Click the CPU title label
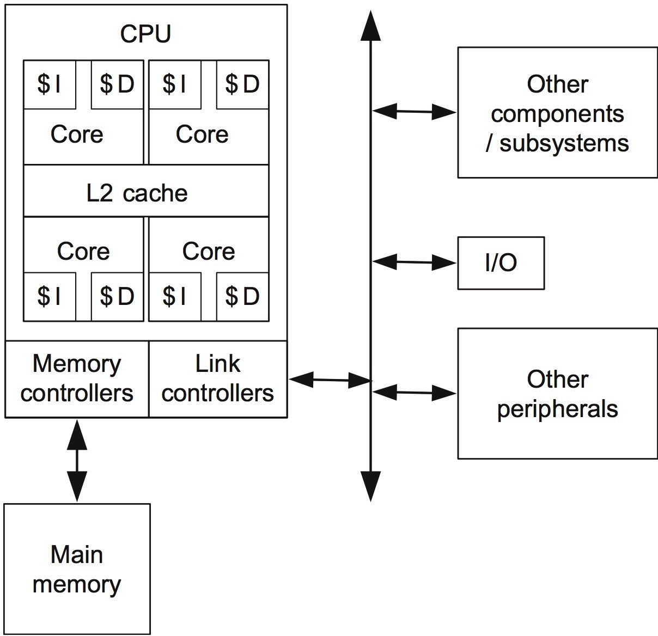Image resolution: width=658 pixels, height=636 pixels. point(145,34)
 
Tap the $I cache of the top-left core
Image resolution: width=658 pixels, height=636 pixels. point(49,84)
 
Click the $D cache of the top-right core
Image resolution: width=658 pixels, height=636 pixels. point(242,84)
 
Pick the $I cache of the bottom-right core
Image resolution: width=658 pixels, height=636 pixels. point(174,297)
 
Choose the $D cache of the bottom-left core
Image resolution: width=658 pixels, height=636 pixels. point(117,297)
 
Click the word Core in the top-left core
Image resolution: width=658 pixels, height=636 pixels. point(77,134)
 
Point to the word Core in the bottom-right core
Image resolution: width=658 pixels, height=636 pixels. point(209,252)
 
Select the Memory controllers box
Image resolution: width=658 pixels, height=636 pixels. point(77,379)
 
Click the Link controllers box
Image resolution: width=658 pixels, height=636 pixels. point(217,379)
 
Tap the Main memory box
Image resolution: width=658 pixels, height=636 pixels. point(77,569)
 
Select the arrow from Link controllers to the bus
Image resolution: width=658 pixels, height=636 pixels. point(330,380)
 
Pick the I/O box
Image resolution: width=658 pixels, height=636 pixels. point(501,263)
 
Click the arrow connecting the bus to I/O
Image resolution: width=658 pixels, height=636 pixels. point(415,262)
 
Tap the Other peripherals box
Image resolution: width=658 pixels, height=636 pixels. point(557,394)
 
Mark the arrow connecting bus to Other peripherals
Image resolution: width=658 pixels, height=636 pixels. point(415,392)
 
